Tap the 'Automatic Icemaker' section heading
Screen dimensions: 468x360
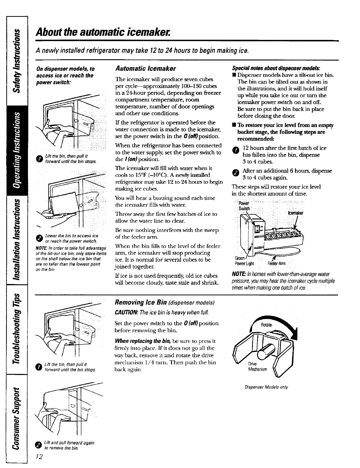point(145,68)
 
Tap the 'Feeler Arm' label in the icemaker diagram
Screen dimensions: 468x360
point(276,264)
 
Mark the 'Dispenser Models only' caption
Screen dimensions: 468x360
point(266,387)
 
